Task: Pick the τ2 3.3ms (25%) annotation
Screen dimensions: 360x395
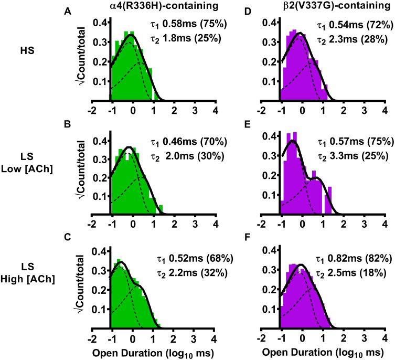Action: tap(357, 156)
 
